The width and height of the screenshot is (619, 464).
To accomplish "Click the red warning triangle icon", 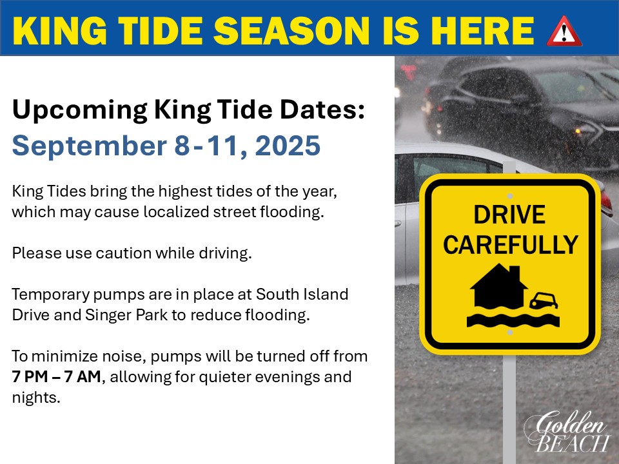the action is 564,31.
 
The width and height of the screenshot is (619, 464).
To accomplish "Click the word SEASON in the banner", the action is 291,31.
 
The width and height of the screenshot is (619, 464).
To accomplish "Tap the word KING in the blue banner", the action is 59,31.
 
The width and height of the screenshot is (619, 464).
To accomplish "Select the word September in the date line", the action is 89,146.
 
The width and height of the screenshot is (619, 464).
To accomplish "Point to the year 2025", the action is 288,146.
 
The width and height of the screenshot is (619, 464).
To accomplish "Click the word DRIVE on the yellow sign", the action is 509,215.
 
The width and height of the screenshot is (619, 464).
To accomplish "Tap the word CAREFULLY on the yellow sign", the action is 511,245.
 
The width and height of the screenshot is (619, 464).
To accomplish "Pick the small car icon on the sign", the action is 544,300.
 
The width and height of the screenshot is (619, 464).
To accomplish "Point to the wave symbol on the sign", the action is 513,320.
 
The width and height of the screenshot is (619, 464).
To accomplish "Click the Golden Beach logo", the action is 567,431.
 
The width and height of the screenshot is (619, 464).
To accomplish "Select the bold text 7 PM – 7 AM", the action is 57,376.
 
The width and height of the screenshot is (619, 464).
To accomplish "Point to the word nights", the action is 36,398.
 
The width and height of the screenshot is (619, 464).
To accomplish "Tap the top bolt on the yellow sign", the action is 509,196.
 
